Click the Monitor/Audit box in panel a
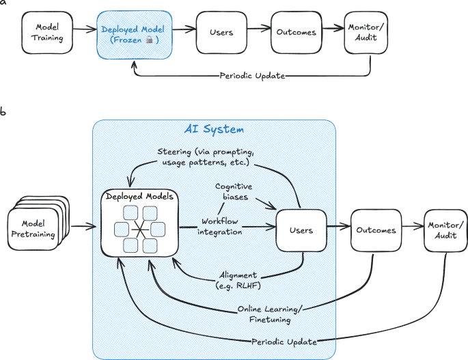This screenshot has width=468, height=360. point(369,32)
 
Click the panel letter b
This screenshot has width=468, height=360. point(4,110)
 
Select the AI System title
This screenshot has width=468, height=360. point(214,129)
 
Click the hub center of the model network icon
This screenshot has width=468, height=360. point(139,230)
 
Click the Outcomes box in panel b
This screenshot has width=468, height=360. point(375,230)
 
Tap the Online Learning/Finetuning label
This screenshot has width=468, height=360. point(270,314)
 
